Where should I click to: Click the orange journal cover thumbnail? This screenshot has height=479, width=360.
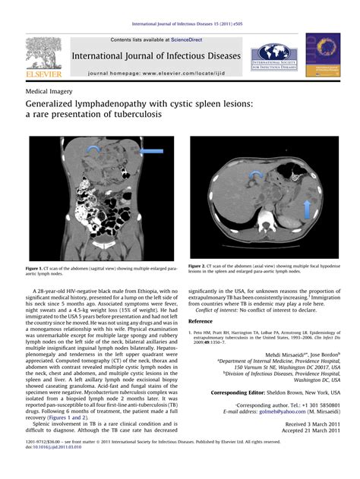[x=321, y=54]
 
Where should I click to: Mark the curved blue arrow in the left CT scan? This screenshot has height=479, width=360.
[x=94, y=149]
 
